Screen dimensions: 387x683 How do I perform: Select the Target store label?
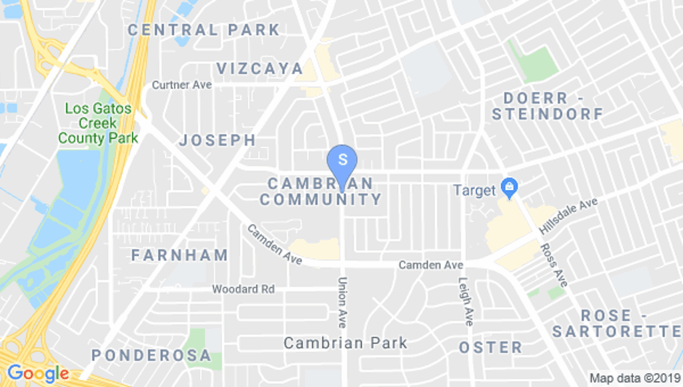[x=474, y=190]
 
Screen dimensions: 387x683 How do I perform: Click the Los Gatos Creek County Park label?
[x=98, y=123]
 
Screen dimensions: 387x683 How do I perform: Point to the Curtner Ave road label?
[x=181, y=85]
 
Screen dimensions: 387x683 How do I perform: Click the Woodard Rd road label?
[x=243, y=289]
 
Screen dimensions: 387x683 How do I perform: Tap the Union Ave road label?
[x=342, y=302]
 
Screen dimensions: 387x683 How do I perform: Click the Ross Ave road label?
[x=553, y=264]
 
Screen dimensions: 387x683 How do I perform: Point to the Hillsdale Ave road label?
[x=568, y=214]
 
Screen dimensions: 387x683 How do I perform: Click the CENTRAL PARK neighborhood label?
[x=203, y=30]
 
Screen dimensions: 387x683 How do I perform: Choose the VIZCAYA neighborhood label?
[x=259, y=68]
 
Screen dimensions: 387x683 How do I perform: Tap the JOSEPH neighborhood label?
[x=217, y=140]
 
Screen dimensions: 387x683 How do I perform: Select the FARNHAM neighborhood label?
[x=179, y=255]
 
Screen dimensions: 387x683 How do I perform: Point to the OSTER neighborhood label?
[x=490, y=347]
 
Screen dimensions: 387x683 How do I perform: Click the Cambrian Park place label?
[x=345, y=343]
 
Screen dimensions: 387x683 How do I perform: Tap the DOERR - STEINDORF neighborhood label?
[x=547, y=106]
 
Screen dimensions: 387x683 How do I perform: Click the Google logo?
[x=37, y=373]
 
